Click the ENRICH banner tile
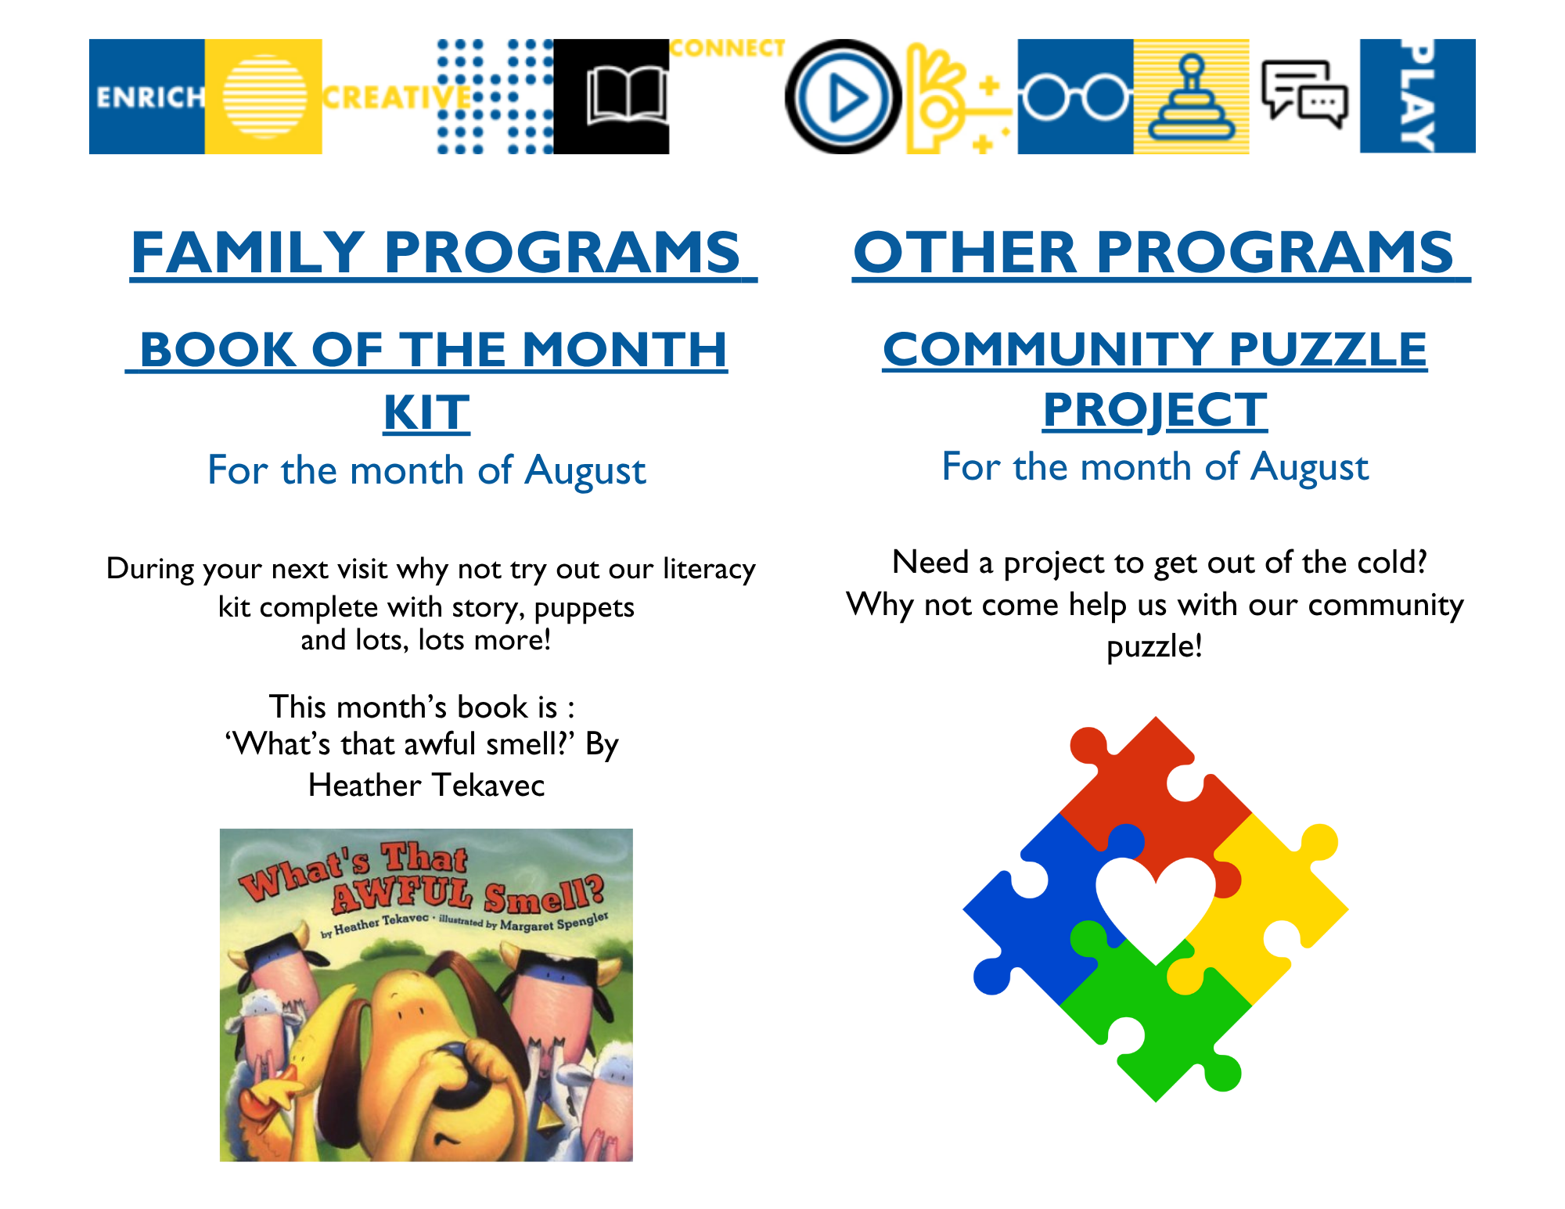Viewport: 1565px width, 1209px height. click(147, 96)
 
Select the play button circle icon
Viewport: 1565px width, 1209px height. click(843, 97)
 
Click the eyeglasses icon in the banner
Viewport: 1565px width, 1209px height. click(1075, 99)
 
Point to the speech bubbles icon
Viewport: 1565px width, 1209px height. click(1304, 95)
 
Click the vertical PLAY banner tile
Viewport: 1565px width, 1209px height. click(1418, 96)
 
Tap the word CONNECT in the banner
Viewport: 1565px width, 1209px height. click(728, 49)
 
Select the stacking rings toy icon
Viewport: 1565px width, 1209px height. click(1192, 98)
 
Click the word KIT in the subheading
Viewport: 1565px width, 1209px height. click(426, 412)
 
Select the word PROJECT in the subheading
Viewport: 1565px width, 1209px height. click(1155, 409)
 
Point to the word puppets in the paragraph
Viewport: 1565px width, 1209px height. click(584, 608)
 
